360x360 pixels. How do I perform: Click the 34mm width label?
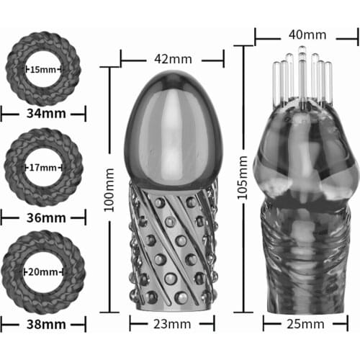coord(43,112)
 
